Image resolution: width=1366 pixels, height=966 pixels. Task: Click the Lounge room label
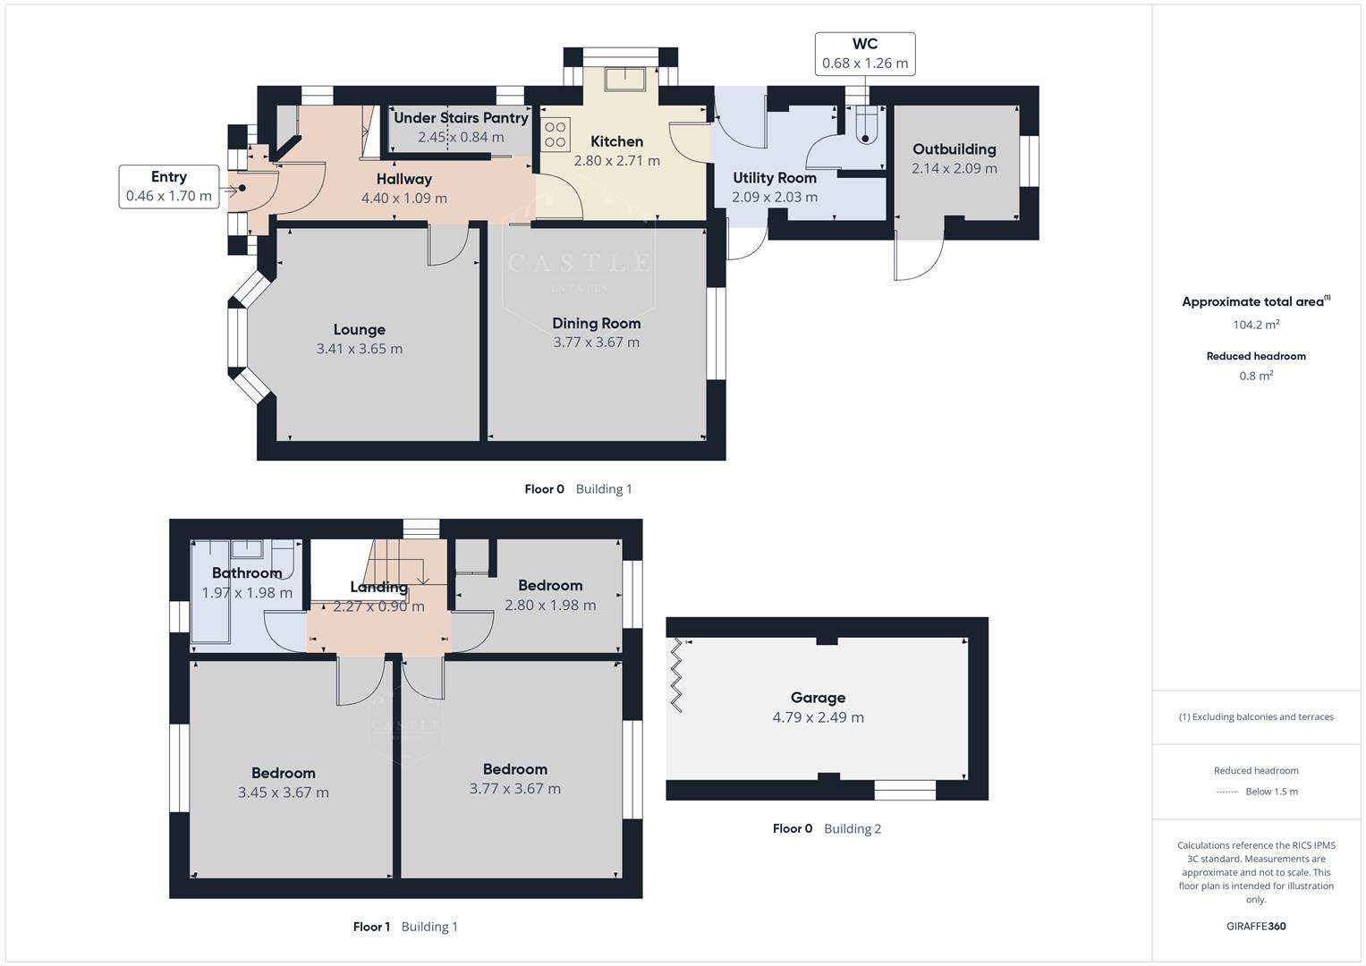(x=359, y=330)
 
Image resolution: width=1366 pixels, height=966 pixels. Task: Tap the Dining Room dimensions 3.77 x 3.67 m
(x=596, y=343)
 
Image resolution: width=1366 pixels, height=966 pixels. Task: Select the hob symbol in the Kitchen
(x=556, y=135)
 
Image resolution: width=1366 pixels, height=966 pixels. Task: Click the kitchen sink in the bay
(x=624, y=79)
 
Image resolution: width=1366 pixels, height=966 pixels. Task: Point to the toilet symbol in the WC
(x=865, y=127)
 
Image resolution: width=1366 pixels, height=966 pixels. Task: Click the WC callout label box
(x=864, y=54)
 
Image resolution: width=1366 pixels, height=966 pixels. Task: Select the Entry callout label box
(x=169, y=187)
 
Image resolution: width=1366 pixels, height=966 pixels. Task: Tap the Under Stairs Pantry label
(x=461, y=118)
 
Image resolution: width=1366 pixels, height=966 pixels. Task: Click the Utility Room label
(x=774, y=178)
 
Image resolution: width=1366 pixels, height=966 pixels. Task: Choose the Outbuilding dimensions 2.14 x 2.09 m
(x=954, y=168)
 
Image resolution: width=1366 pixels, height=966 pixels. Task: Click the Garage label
(x=818, y=698)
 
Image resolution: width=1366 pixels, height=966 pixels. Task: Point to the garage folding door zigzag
(x=676, y=675)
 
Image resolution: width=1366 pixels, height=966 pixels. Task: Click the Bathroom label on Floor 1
(x=247, y=573)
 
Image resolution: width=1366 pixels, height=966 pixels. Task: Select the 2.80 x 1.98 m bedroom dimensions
(x=550, y=606)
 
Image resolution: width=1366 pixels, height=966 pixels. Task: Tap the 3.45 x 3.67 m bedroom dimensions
(x=283, y=792)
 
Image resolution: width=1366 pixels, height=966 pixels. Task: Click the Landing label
(x=378, y=588)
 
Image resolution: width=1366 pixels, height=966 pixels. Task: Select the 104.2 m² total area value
(x=1255, y=325)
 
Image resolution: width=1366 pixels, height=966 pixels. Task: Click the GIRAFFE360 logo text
(x=1255, y=926)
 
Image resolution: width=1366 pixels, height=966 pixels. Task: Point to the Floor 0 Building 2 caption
(x=827, y=828)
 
